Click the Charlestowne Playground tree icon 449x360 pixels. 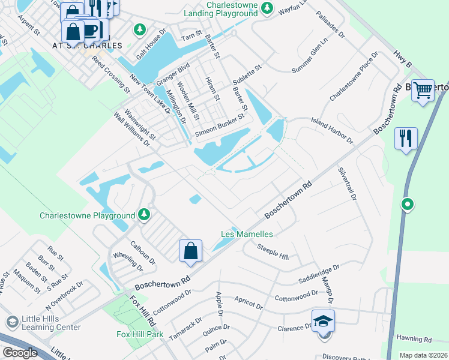pyautogui.click(x=143, y=214)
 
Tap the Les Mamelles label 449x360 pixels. pyautogui.click(x=247, y=234)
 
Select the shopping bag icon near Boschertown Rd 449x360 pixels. pyautogui.click(x=190, y=250)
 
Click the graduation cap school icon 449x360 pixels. pyautogui.click(x=323, y=321)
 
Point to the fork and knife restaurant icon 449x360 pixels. pyautogui.click(x=406, y=139)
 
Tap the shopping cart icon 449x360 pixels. pyautogui.click(x=423, y=90)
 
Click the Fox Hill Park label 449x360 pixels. pyautogui.click(x=139, y=334)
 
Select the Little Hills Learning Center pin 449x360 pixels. pyautogui.click(x=10, y=322)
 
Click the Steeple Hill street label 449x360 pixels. pyautogui.click(x=273, y=252)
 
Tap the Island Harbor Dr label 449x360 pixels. pyautogui.click(x=331, y=131)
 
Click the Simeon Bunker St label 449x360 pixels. pyautogui.click(x=219, y=126)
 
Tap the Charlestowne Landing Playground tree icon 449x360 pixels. pyautogui.click(x=268, y=10)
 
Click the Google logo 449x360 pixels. pyautogui.click(x=20, y=353)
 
